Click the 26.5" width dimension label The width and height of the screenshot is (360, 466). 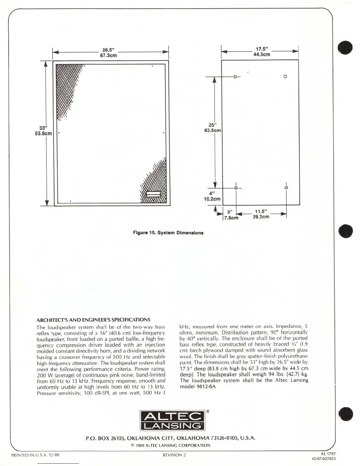point(108,50)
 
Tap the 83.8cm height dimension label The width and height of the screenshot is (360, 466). point(44,134)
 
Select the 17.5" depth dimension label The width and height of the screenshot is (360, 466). point(262,49)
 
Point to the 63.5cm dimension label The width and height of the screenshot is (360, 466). point(213,130)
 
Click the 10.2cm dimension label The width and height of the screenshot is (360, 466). point(212,199)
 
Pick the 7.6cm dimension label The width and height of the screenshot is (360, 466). point(231,218)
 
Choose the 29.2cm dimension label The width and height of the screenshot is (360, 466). point(261,217)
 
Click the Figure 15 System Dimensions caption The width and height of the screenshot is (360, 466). point(168,233)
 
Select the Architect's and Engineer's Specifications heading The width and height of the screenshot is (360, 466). point(93,320)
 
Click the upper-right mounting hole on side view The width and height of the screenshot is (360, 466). point(285,76)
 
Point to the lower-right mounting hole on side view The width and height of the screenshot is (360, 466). point(286,188)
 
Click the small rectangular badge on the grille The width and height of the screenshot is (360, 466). point(154,194)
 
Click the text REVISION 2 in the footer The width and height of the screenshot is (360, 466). point(174,455)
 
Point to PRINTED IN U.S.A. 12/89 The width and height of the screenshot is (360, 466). point(35,455)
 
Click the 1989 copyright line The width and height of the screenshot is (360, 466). point(171,445)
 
